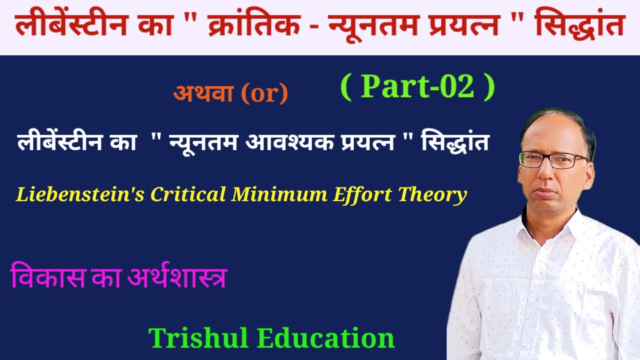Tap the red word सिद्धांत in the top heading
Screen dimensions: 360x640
click(580, 26)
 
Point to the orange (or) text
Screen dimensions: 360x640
click(264, 93)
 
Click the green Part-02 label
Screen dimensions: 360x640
click(417, 86)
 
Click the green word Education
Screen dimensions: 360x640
click(326, 338)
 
